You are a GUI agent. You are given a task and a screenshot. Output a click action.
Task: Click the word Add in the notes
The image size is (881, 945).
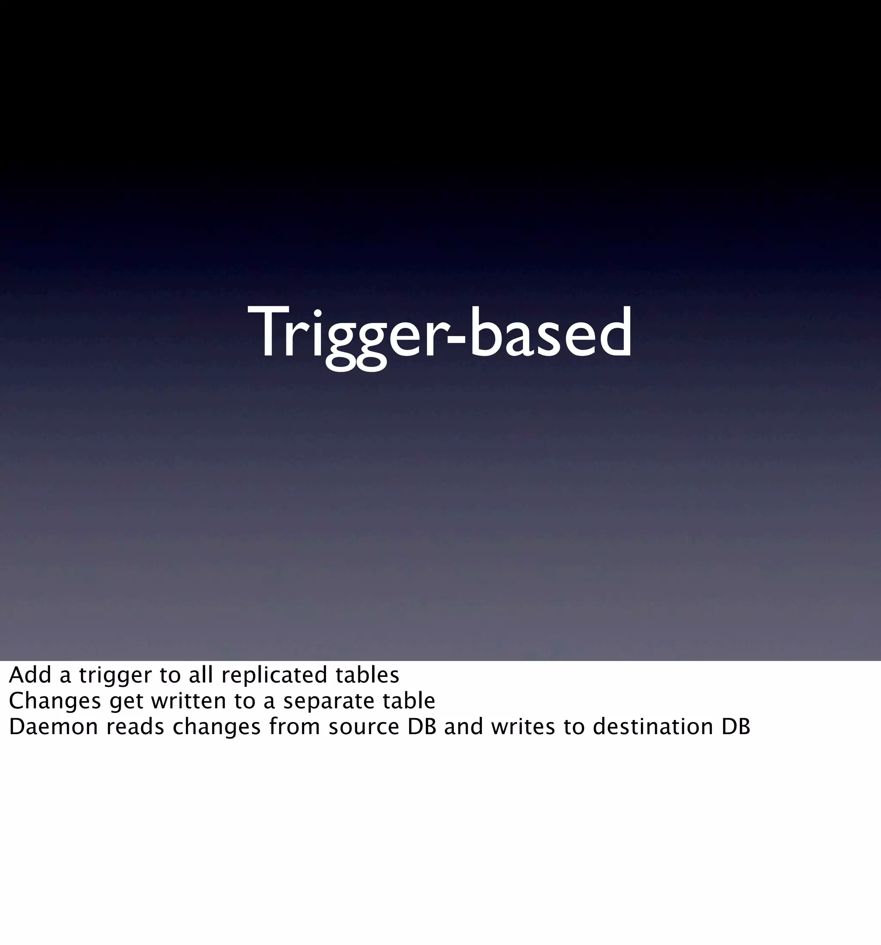[30, 676]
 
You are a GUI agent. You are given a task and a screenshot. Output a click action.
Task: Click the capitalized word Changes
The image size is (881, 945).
[55, 701]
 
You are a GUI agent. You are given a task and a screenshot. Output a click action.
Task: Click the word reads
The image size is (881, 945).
[136, 727]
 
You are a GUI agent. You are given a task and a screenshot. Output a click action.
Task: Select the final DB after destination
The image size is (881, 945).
[736, 727]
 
